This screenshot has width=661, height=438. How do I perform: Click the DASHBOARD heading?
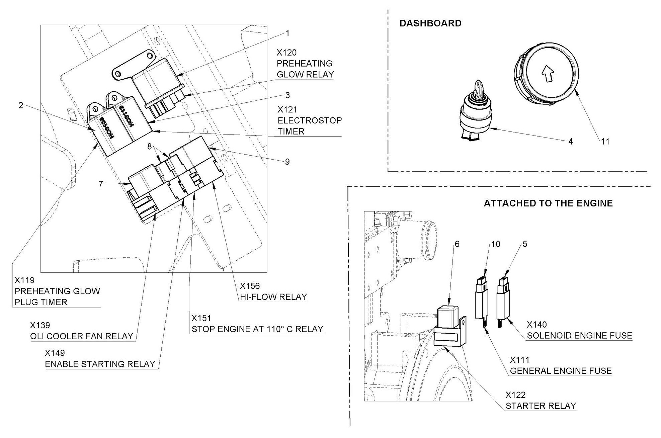tap(430, 23)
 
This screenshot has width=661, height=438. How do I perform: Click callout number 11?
tap(605, 142)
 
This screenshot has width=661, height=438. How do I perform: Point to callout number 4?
tap(571, 142)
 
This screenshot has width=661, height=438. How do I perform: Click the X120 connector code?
tap(286, 53)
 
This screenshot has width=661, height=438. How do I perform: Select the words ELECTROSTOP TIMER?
tap(309, 126)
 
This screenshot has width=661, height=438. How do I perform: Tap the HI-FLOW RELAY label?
tap(273, 297)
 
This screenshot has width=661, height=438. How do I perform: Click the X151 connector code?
tap(201, 318)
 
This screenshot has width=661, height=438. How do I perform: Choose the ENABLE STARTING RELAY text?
tap(100, 364)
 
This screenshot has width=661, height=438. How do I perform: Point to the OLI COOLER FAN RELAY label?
tap(82, 336)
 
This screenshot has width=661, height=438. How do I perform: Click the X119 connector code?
tap(24, 280)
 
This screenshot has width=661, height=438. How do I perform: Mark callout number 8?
tap(150, 146)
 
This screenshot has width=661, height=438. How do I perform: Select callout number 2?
tap(21, 105)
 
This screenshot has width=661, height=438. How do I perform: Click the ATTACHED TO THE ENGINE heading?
tap(548, 203)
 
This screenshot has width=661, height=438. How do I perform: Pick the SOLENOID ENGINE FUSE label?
tap(579, 335)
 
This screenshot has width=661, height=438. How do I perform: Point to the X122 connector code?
tap(515, 395)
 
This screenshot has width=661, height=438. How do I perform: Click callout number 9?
tap(287, 162)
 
